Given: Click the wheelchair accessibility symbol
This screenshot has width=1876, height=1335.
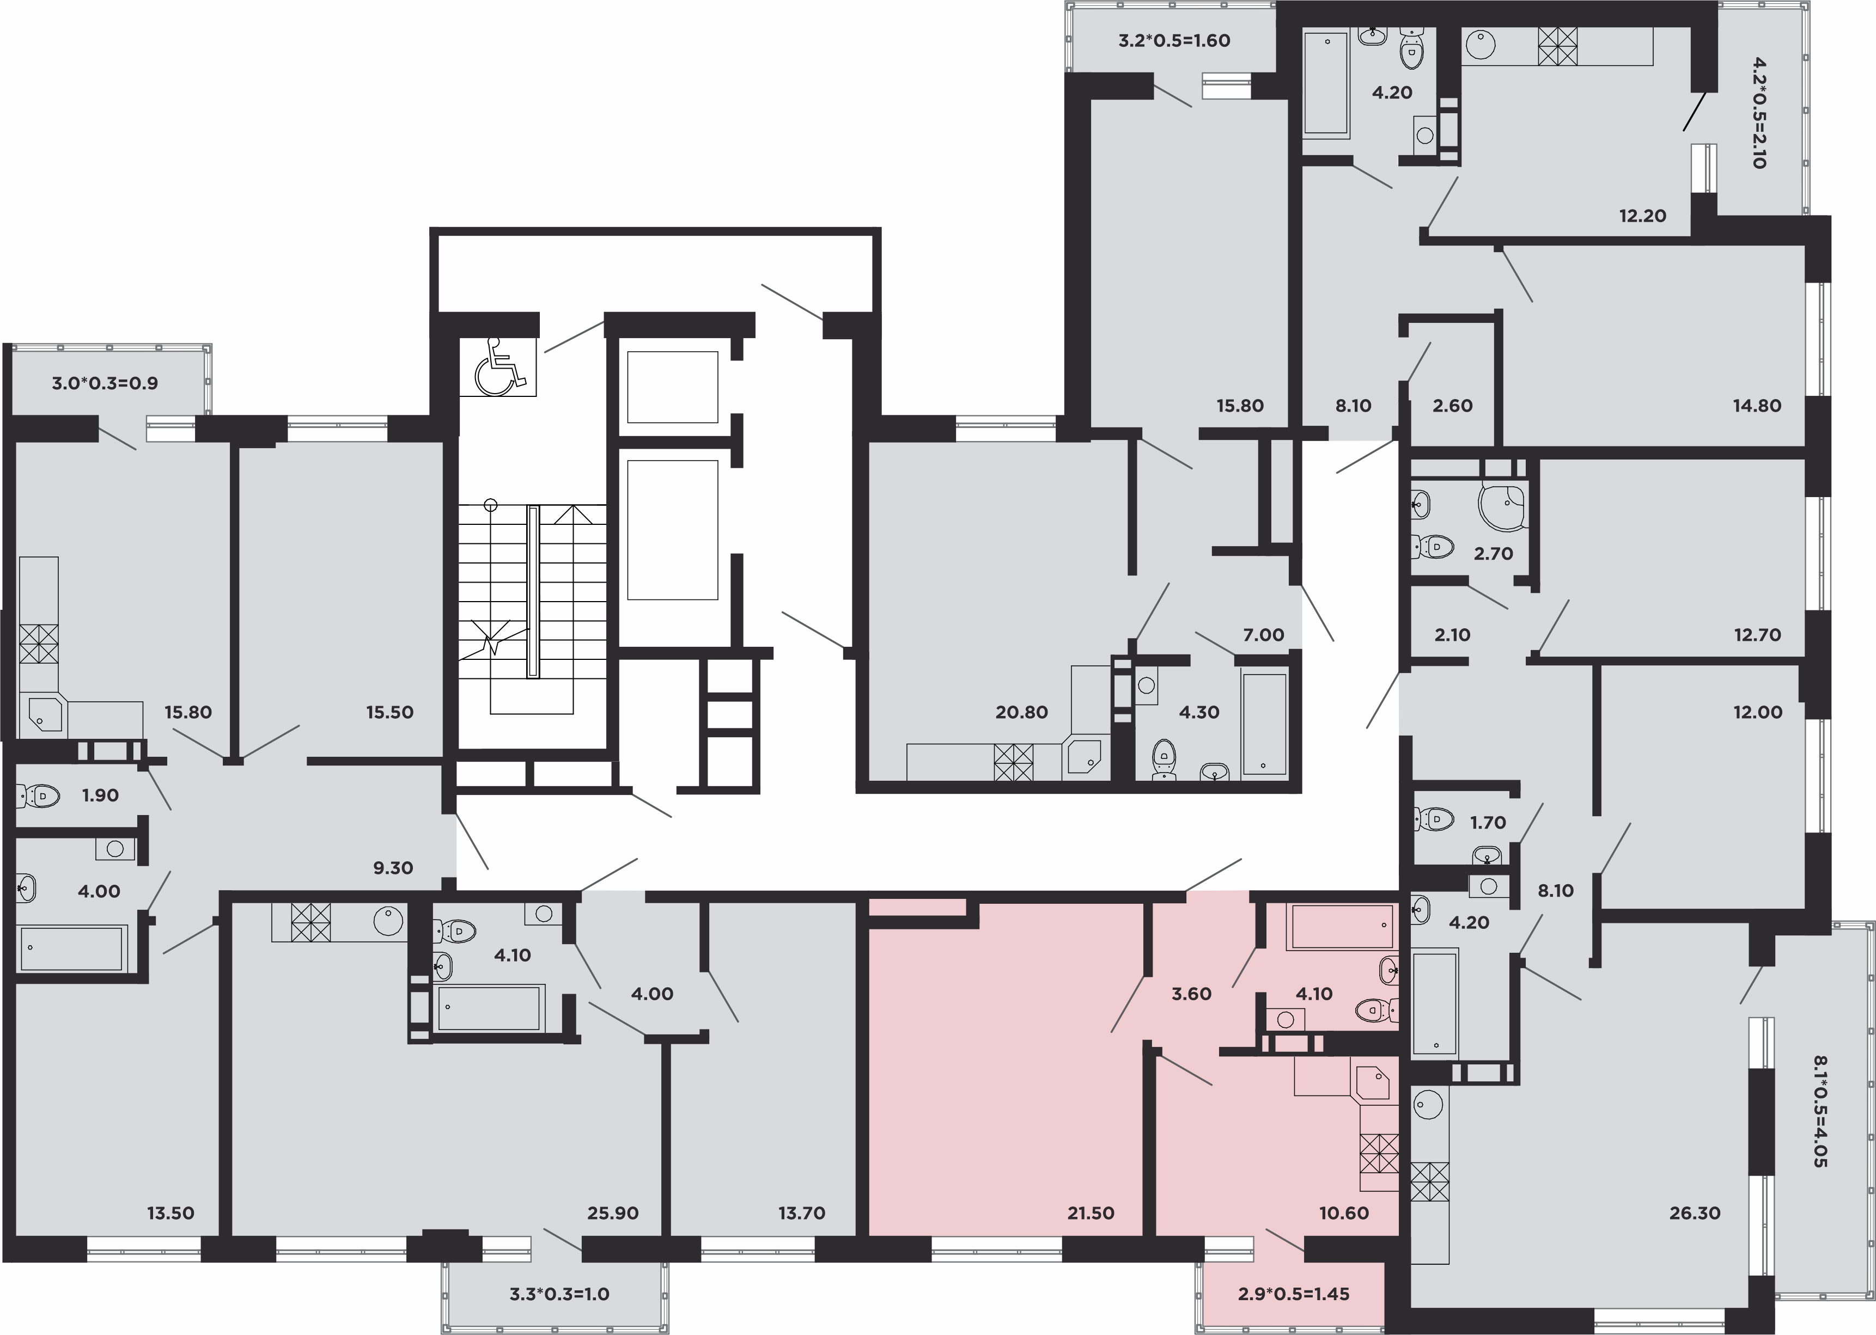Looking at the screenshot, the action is pos(498,366).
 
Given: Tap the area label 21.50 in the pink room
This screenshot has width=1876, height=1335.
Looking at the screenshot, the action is pos(1091,1212).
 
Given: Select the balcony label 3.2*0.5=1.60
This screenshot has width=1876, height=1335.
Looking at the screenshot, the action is pos(1174,40).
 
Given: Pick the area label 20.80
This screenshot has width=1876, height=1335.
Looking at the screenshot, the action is pos(1021,712).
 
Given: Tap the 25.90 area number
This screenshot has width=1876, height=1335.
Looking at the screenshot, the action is pos(613,1212).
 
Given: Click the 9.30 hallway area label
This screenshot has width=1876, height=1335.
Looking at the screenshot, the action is pos(393,867).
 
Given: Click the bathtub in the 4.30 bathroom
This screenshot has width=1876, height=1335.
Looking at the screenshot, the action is pos(1264,724).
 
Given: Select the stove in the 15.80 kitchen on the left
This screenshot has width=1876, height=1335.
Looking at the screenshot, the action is pos(39,644).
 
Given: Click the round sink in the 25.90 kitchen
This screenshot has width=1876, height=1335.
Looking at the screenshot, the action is pos(388,921).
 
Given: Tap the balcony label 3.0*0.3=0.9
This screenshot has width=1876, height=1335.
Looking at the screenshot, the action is pos(105,383).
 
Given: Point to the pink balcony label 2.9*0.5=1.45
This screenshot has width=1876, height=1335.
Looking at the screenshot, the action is pos(1294,1295).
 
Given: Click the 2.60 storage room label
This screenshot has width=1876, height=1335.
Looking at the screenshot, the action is pos(1452,405).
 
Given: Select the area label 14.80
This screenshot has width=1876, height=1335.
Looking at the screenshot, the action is pos(1757,405).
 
